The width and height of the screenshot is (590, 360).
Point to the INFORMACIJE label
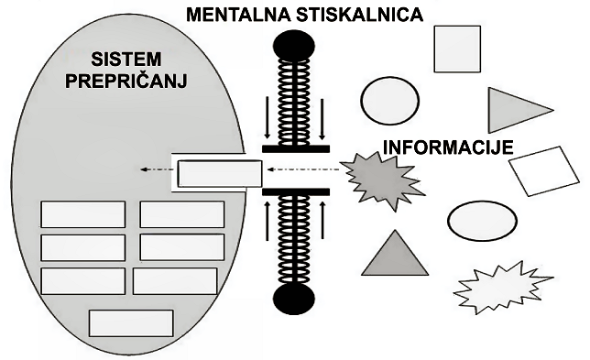[x=446, y=147]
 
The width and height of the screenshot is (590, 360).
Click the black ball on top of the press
[x=295, y=44]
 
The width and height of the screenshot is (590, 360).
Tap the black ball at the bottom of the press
[x=295, y=300]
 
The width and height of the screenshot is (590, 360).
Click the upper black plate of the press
[x=295, y=147]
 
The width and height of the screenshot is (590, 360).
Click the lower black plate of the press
[x=295, y=192]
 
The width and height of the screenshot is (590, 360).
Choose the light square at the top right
[x=456, y=49]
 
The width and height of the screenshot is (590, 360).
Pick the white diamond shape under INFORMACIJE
[x=544, y=171]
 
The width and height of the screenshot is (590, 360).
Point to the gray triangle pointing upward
[x=396, y=256]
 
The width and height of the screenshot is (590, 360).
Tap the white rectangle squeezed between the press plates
[x=219, y=173]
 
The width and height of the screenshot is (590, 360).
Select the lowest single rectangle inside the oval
[x=131, y=322]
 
